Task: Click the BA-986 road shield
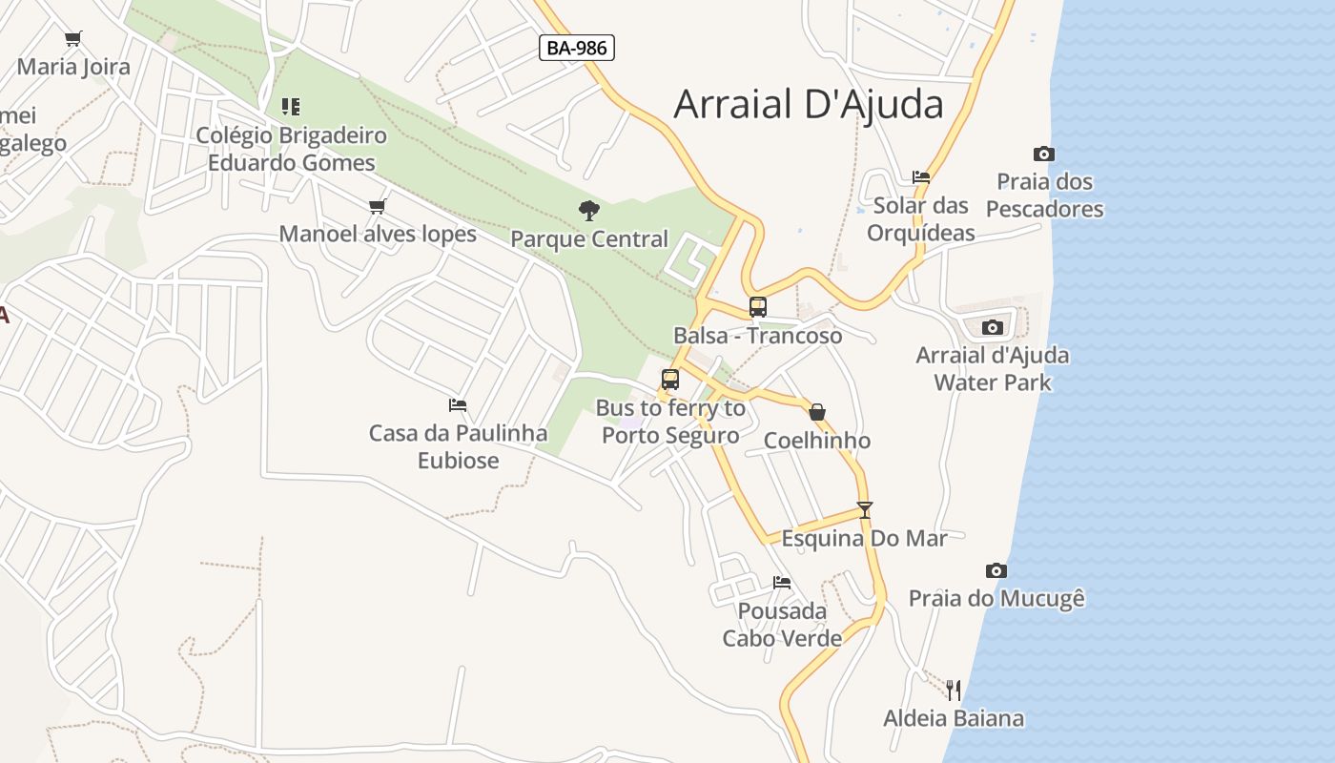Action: point(576,48)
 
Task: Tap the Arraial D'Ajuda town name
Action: point(809,104)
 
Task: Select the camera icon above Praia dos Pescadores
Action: point(1044,154)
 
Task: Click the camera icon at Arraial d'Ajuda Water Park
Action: point(993,327)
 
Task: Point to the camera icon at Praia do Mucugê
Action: point(996,570)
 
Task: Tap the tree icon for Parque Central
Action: point(589,210)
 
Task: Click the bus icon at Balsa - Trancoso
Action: point(758,307)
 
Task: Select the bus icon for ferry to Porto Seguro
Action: point(670,379)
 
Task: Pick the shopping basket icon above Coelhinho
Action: point(817,412)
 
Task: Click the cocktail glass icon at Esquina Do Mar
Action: point(864,510)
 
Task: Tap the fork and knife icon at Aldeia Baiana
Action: point(954,690)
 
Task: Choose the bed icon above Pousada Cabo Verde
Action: point(782,582)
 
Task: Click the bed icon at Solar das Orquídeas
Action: point(921,176)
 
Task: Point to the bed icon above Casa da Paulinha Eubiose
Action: point(458,404)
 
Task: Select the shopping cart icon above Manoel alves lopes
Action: point(378,206)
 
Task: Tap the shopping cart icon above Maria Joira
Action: point(73,39)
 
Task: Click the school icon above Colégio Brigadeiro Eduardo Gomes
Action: point(291,106)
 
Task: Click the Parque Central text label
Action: point(589,238)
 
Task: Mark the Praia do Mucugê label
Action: point(996,599)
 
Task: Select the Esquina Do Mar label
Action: point(864,538)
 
